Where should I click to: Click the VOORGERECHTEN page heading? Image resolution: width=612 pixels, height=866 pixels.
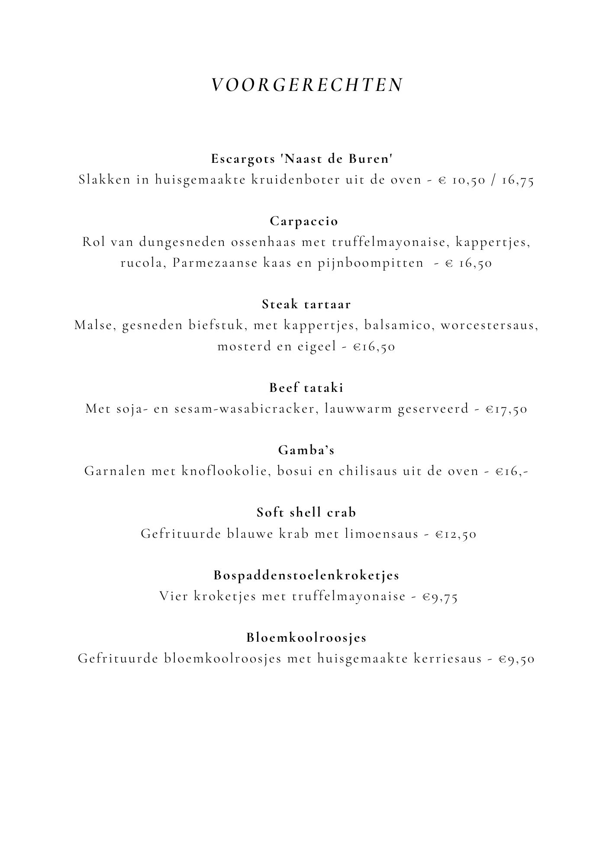point(307,85)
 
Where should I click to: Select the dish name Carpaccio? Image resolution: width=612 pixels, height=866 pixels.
point(304,221)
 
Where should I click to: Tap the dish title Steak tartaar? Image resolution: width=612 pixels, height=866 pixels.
point(306,304)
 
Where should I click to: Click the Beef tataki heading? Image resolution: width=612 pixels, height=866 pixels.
point(306,388)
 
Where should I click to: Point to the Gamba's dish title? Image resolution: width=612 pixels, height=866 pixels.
point(306,450)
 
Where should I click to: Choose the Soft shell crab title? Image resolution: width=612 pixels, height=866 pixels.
point(306,513)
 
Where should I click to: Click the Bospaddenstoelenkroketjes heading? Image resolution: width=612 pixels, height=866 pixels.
point(306,575)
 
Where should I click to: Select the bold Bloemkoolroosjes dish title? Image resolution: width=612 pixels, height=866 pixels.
point(306,638)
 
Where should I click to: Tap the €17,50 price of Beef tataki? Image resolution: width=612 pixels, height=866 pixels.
point(506,409)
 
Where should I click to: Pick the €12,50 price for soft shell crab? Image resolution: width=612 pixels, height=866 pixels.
point(456,534)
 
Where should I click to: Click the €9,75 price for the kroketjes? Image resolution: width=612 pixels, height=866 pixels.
point(440,597)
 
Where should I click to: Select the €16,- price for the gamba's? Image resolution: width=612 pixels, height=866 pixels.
point(512,472)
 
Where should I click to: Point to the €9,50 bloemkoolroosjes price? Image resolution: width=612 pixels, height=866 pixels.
point(516,659)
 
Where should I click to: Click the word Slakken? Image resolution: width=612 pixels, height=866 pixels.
point(104,180)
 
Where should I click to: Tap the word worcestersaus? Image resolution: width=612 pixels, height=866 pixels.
point(489,326)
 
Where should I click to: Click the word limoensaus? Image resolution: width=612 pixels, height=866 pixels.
point(381,534)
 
